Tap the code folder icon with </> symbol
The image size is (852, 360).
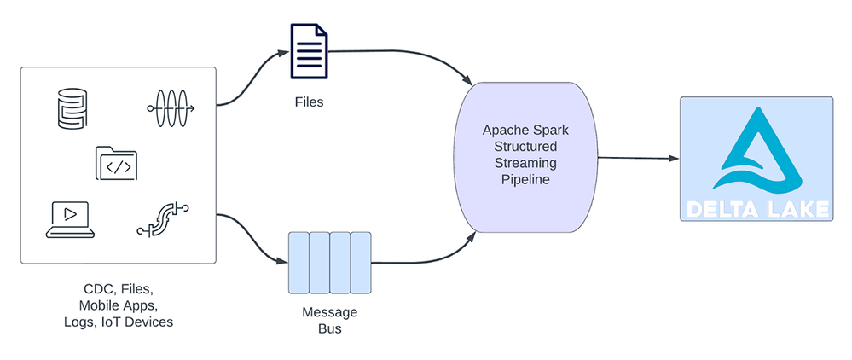point(117,164)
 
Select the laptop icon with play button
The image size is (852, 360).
point(70,218)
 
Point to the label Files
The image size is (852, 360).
point(308,102)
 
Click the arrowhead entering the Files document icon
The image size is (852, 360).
point(285,53)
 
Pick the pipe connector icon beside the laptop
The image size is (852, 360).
point(162,218)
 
